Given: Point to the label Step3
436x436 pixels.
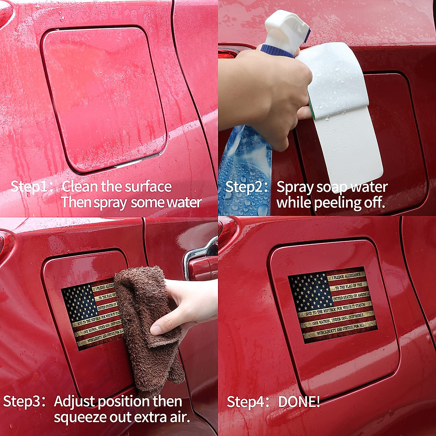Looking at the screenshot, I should (x=23, y=401).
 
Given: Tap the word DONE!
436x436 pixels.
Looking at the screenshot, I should (x=299, y=402).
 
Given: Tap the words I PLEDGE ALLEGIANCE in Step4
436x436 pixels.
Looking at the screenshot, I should (x=347, y=276).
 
